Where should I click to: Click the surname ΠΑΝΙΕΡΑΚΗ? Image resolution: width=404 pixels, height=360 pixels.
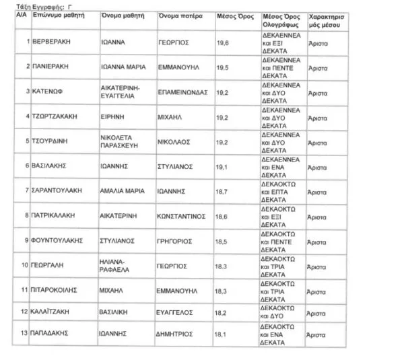pos(50,67)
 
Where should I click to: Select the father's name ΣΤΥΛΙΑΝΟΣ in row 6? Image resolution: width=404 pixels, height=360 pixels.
pos(177,166)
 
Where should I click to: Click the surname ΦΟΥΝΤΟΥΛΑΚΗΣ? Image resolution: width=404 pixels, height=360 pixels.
pos(57,240)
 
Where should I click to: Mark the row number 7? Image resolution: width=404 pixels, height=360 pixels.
pos(26,191)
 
